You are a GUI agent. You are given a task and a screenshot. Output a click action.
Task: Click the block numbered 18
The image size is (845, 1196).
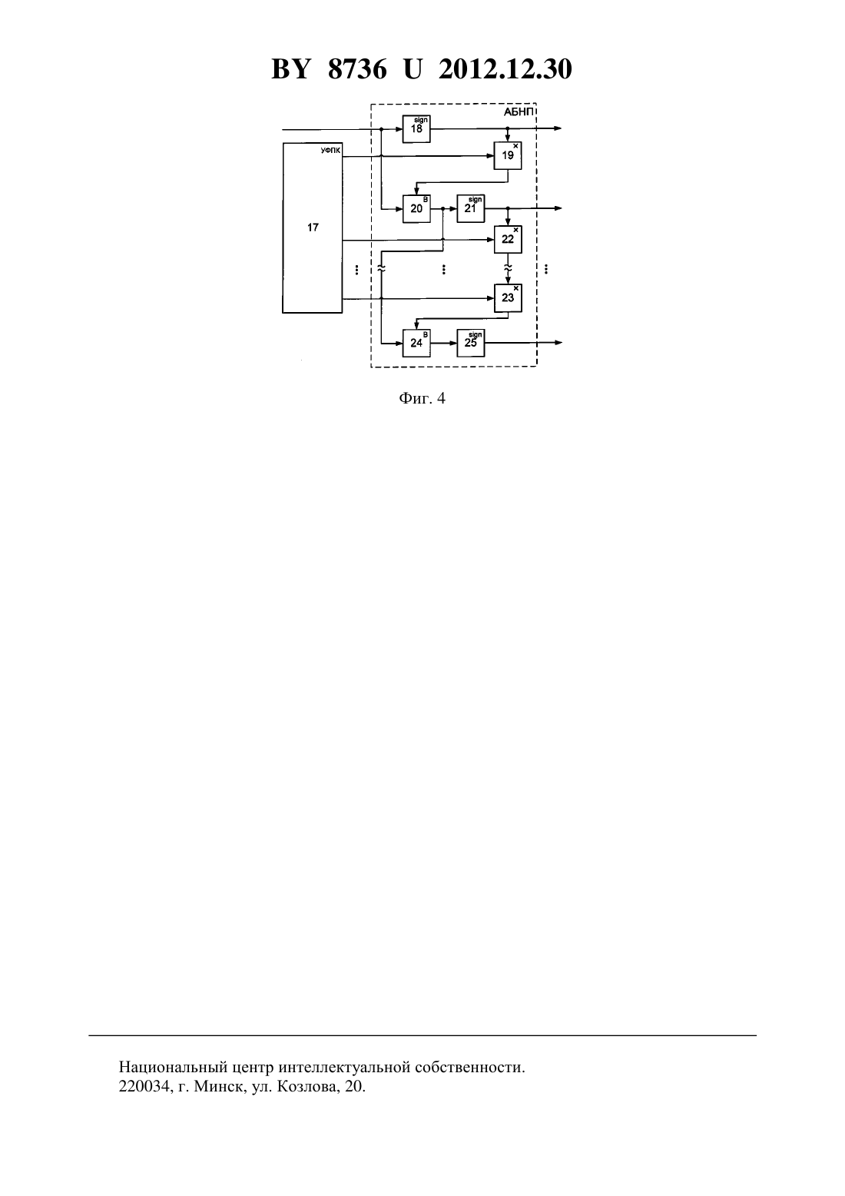(416, 128)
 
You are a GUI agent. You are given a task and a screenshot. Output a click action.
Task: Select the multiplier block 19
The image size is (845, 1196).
(508, 155)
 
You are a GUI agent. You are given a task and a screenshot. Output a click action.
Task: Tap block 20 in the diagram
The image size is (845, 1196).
(416, 209)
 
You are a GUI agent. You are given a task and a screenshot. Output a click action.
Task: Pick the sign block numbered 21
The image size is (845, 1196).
(470, 209)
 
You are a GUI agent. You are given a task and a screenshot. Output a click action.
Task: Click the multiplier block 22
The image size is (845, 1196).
(508, 240)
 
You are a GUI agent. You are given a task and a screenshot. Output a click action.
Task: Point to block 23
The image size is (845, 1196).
(508, 298)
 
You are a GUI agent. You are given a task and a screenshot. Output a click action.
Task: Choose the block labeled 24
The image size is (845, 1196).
(416, 343)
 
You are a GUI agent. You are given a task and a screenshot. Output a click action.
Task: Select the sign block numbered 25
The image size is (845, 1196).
(470, 343)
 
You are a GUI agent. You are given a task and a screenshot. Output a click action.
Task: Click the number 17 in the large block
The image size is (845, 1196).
(313, 228)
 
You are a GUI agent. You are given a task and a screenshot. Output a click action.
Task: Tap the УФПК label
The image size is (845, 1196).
(330, 151)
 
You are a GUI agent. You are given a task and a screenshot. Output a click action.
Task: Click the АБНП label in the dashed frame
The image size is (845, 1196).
(519, 112)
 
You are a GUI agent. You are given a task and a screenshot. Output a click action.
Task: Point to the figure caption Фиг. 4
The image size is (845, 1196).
(422, 398)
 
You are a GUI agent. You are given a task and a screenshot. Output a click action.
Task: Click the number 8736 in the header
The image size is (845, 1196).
(357, 69)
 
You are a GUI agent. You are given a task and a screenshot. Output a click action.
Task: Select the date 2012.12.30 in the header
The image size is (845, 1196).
(505, 69)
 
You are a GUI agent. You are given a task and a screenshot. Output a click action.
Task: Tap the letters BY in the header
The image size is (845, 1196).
(290, 69)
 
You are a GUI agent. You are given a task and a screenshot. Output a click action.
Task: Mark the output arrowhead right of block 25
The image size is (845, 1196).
(558, 343)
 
